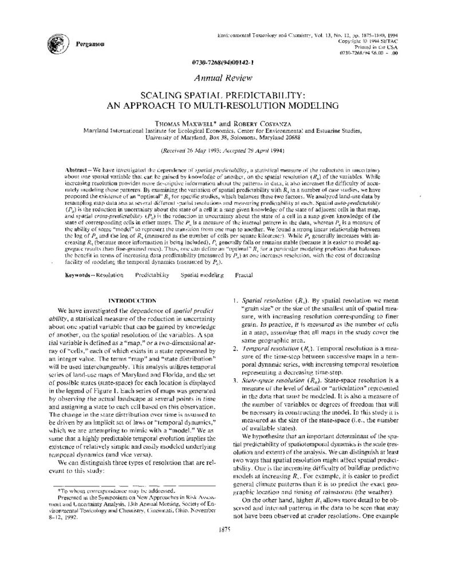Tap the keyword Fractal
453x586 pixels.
(x=244, y=275)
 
